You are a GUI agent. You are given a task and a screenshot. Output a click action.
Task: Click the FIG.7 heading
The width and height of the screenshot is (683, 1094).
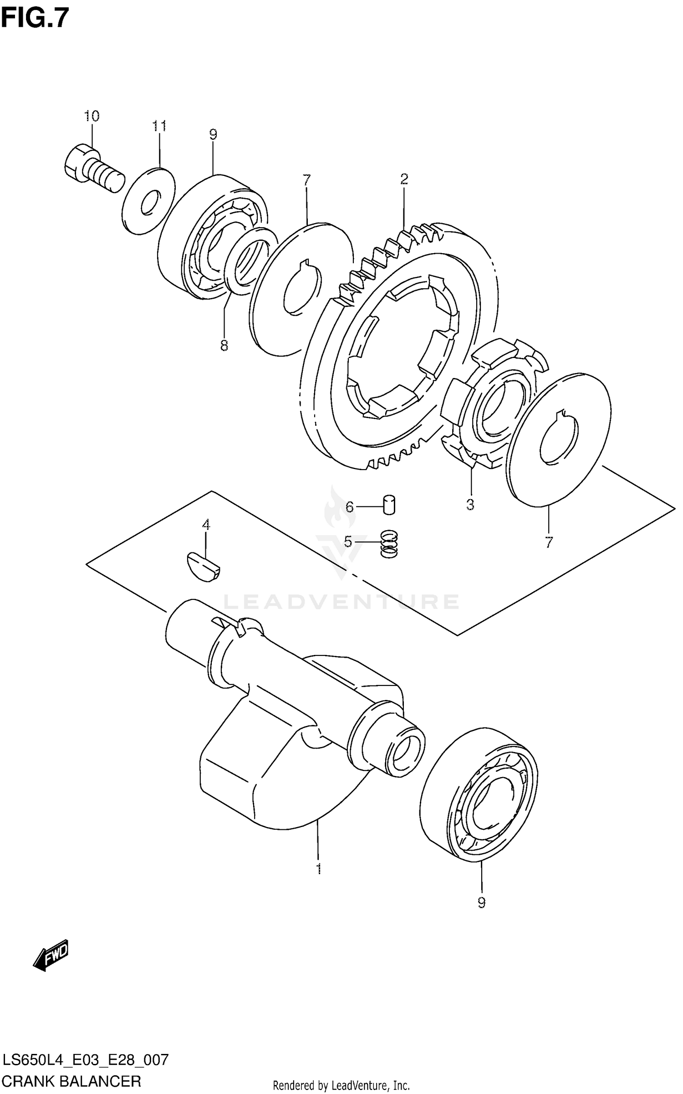click(x=35, y=18)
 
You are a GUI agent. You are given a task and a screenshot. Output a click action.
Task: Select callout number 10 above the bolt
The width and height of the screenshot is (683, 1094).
click(x=91, y=116)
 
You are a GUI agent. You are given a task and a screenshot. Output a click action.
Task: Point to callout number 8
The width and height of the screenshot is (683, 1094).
click(x=224, y=346)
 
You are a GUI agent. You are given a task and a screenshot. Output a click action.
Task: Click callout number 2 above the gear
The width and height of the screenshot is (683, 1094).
click(x=404, y=179)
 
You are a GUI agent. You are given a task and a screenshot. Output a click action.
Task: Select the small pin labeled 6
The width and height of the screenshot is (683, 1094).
click(x=389, y=505)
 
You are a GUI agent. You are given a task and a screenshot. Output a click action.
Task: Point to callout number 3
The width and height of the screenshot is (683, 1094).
click(x=470, y=505)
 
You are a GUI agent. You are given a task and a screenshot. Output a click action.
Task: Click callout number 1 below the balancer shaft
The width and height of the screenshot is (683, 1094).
click(x=319, y=869)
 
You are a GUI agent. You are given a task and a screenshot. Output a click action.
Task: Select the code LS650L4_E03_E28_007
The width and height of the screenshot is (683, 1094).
click(x=86, y=1059)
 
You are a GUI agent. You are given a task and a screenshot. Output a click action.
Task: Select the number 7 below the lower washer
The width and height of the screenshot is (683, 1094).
click(x=549, y=542)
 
